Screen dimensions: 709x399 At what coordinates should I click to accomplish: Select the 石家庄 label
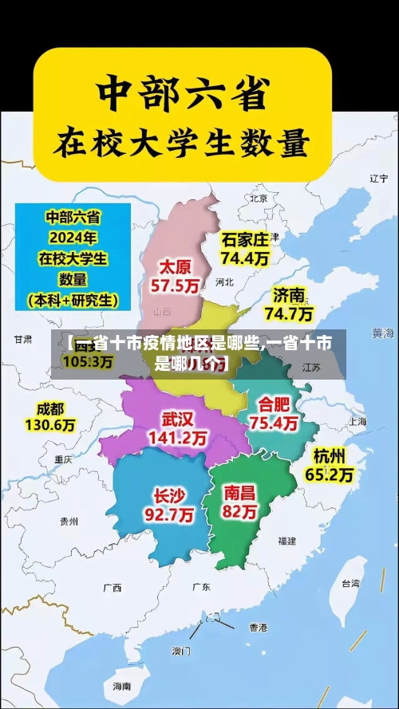pos(244,238)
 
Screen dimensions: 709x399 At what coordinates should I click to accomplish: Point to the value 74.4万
pos(245,258)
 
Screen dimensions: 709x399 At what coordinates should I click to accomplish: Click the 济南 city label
pos(289,295)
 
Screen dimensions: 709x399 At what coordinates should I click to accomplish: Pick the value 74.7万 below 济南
pos(289,314)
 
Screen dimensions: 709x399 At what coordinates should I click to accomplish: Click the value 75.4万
pos(274,423)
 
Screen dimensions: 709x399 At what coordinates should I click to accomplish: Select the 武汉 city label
pos(178,418)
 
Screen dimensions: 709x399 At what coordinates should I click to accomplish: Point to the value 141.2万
pos(178,438)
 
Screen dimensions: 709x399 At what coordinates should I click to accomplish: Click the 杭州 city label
pos(330,455)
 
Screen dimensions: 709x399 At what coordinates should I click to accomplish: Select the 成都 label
pos(50,408)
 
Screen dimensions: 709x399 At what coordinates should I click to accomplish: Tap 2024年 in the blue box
pos(73,237)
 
